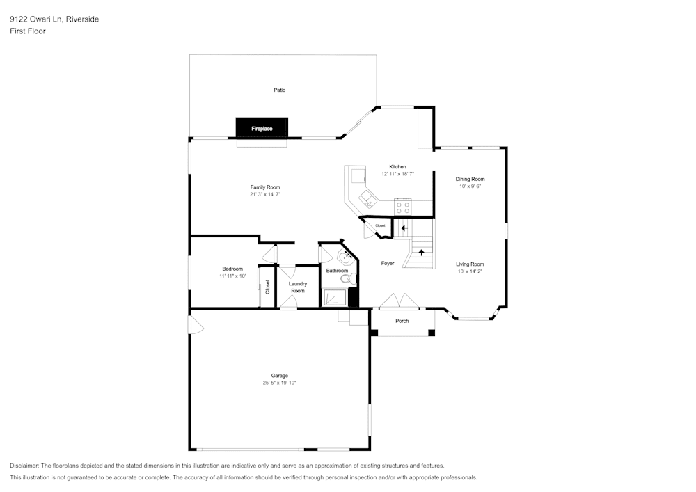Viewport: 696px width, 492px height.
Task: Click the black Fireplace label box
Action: [262, 128]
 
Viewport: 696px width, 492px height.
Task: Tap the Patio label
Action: [279, 90]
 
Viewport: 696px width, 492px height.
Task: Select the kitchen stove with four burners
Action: [403, 207]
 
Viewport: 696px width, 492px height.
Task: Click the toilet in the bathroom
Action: [347, 279]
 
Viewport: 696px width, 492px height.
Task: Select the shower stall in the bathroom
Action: [335, 298]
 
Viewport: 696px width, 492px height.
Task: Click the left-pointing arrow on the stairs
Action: [404, 228]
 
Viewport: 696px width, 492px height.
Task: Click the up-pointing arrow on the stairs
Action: [421, 252]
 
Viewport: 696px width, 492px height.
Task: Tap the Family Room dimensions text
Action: [265, 195]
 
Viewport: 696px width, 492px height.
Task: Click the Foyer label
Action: [388, 264]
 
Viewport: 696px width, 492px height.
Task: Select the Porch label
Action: [402, 321]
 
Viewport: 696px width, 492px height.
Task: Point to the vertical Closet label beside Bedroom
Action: [267, 286]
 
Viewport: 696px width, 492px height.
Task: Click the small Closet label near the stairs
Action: [380, 226]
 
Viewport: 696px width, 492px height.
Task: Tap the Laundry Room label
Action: [298, 287]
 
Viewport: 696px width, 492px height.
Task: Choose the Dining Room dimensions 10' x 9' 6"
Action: [470, 187]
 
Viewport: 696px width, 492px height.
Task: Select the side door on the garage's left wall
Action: [194, 324]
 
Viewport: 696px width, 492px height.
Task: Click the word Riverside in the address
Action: [82, 19]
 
